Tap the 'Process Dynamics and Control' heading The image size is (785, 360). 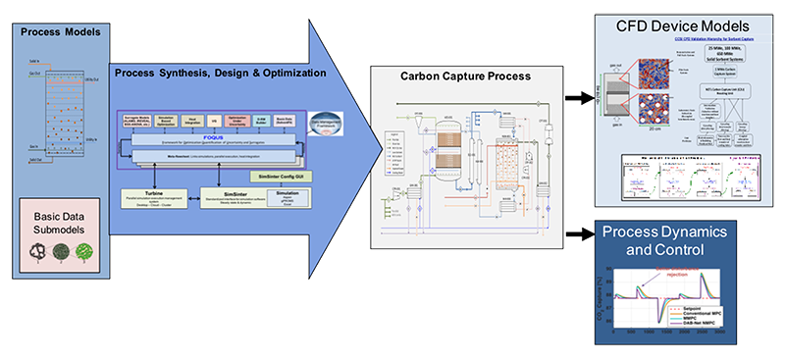pyautogui.click(x=686, y=244)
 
